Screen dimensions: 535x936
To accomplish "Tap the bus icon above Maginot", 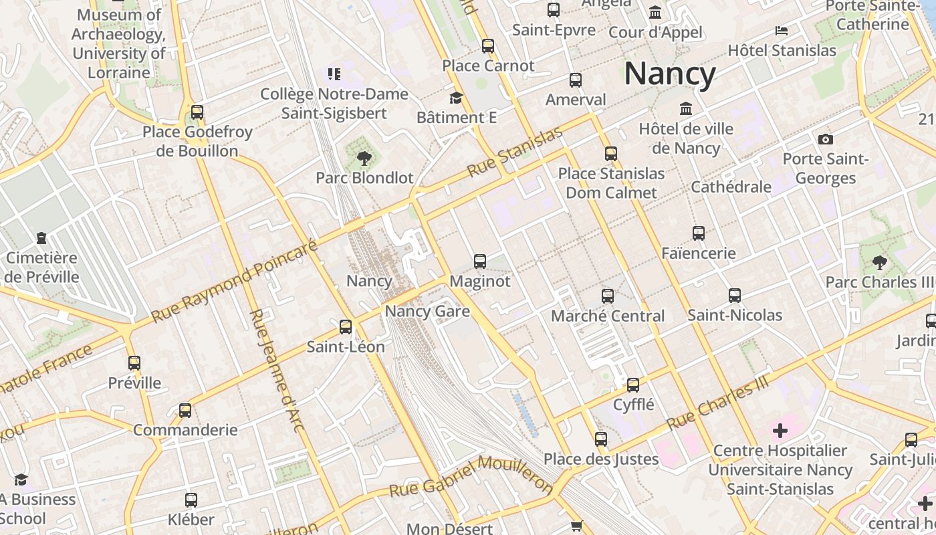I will [x=479, y=261].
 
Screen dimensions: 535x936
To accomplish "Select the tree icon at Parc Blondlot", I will [x=364, y=158].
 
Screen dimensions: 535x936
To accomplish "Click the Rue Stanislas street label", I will [x=515, y=152].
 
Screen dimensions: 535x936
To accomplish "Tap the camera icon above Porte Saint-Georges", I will [x=826, y=139].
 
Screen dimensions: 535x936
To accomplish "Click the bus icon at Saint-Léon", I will [x=346, y=326].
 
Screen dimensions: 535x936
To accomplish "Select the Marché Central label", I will [x=607, y=316].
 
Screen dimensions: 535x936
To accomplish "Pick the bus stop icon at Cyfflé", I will [x=633, y=385].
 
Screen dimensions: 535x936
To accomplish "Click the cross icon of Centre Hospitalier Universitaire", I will [x=780, y=430].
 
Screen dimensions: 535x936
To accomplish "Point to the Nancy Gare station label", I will [x=427, y=312].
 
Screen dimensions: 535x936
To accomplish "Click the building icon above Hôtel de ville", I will [x=686, y=108].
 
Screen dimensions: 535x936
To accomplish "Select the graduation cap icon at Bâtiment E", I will [x=456, y=98].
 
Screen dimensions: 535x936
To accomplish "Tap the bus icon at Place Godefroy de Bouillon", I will [x=197, y=112].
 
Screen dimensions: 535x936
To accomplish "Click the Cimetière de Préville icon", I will [x=41, y=237].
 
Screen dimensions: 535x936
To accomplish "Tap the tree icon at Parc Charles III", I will [x=880, y=262].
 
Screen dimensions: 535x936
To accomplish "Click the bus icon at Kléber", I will [x=191, y=499].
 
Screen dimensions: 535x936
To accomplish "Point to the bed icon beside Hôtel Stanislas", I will [x=781, y=31].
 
